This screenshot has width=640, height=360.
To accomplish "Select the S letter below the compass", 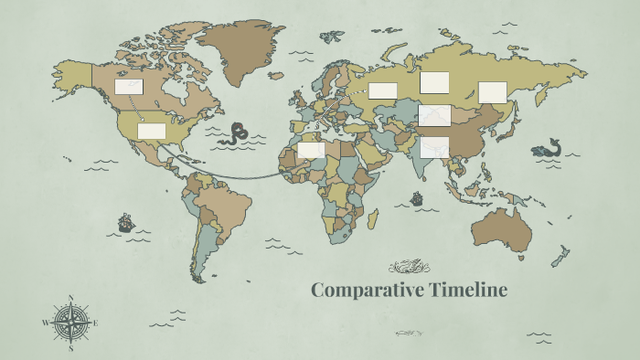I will [x=71, y=348].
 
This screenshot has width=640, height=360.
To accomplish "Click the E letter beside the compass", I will [x=96, y=323].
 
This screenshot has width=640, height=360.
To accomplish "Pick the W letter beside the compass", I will [x=46, y=323].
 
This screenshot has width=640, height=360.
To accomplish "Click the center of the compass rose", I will [x=71, y=323].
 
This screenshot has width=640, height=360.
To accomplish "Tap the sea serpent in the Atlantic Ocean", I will [x=240, y=133].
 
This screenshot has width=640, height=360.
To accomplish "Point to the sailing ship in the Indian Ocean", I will [x=417, y=197].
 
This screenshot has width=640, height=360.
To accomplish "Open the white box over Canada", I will [x=128, y=87].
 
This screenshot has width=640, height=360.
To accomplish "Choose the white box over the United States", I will [x=152, y=131].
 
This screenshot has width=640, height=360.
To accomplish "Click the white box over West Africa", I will [x=311, y=150].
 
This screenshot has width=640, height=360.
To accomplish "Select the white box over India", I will [x=435, y=146].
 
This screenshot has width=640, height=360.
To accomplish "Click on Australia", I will [x=501, y=228].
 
